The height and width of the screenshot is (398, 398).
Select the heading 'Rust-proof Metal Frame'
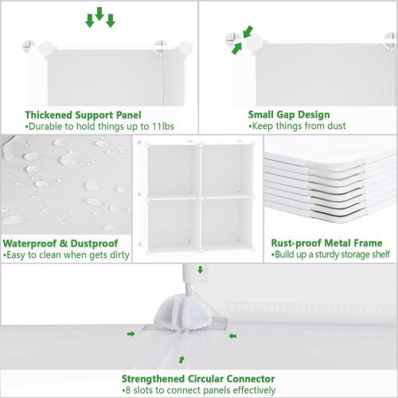(326, 243)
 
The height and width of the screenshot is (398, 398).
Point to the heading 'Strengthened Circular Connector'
(199, 379)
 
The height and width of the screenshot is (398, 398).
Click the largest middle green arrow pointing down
(99, 15)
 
